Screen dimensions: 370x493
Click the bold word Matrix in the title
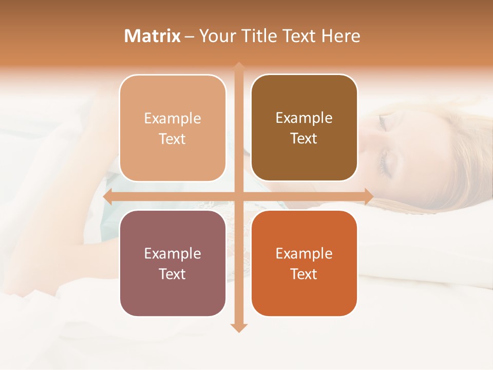pyautogui.click(x=153, y=36)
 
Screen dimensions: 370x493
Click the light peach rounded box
pyautogui.click(x=173, y=128)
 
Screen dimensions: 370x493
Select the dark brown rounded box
pyautogui.click(x=304, y=128)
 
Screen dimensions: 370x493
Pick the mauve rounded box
pyautogui.click(x=173, y=263)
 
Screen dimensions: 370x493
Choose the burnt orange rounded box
pyautogui.click(x=304, y=263)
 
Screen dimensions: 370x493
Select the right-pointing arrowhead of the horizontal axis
pyautogui.click(x=369, y=196)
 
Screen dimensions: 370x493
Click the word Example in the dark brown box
pyautogui.click(x=304, y=118)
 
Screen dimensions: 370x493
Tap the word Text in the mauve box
pyautogui.click(x=173, y=274)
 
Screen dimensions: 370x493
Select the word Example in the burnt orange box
pyautogui.click(x=304, y=253)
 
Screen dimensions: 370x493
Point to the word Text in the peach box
pyautogui.click(x=173, y=139)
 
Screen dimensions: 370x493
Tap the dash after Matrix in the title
pyautogui.click(x=189, y=36)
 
